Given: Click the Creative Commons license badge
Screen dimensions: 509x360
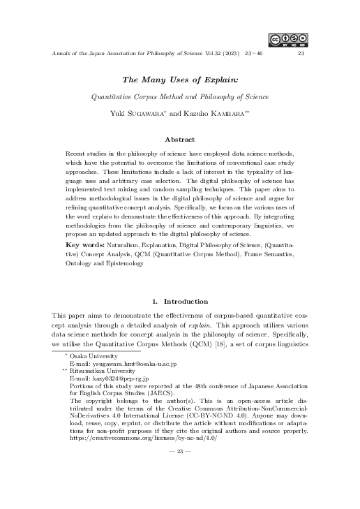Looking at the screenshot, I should point(287,39).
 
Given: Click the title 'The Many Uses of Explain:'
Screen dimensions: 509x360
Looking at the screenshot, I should point(181,80).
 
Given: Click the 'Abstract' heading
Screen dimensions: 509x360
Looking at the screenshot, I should point(180,140).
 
